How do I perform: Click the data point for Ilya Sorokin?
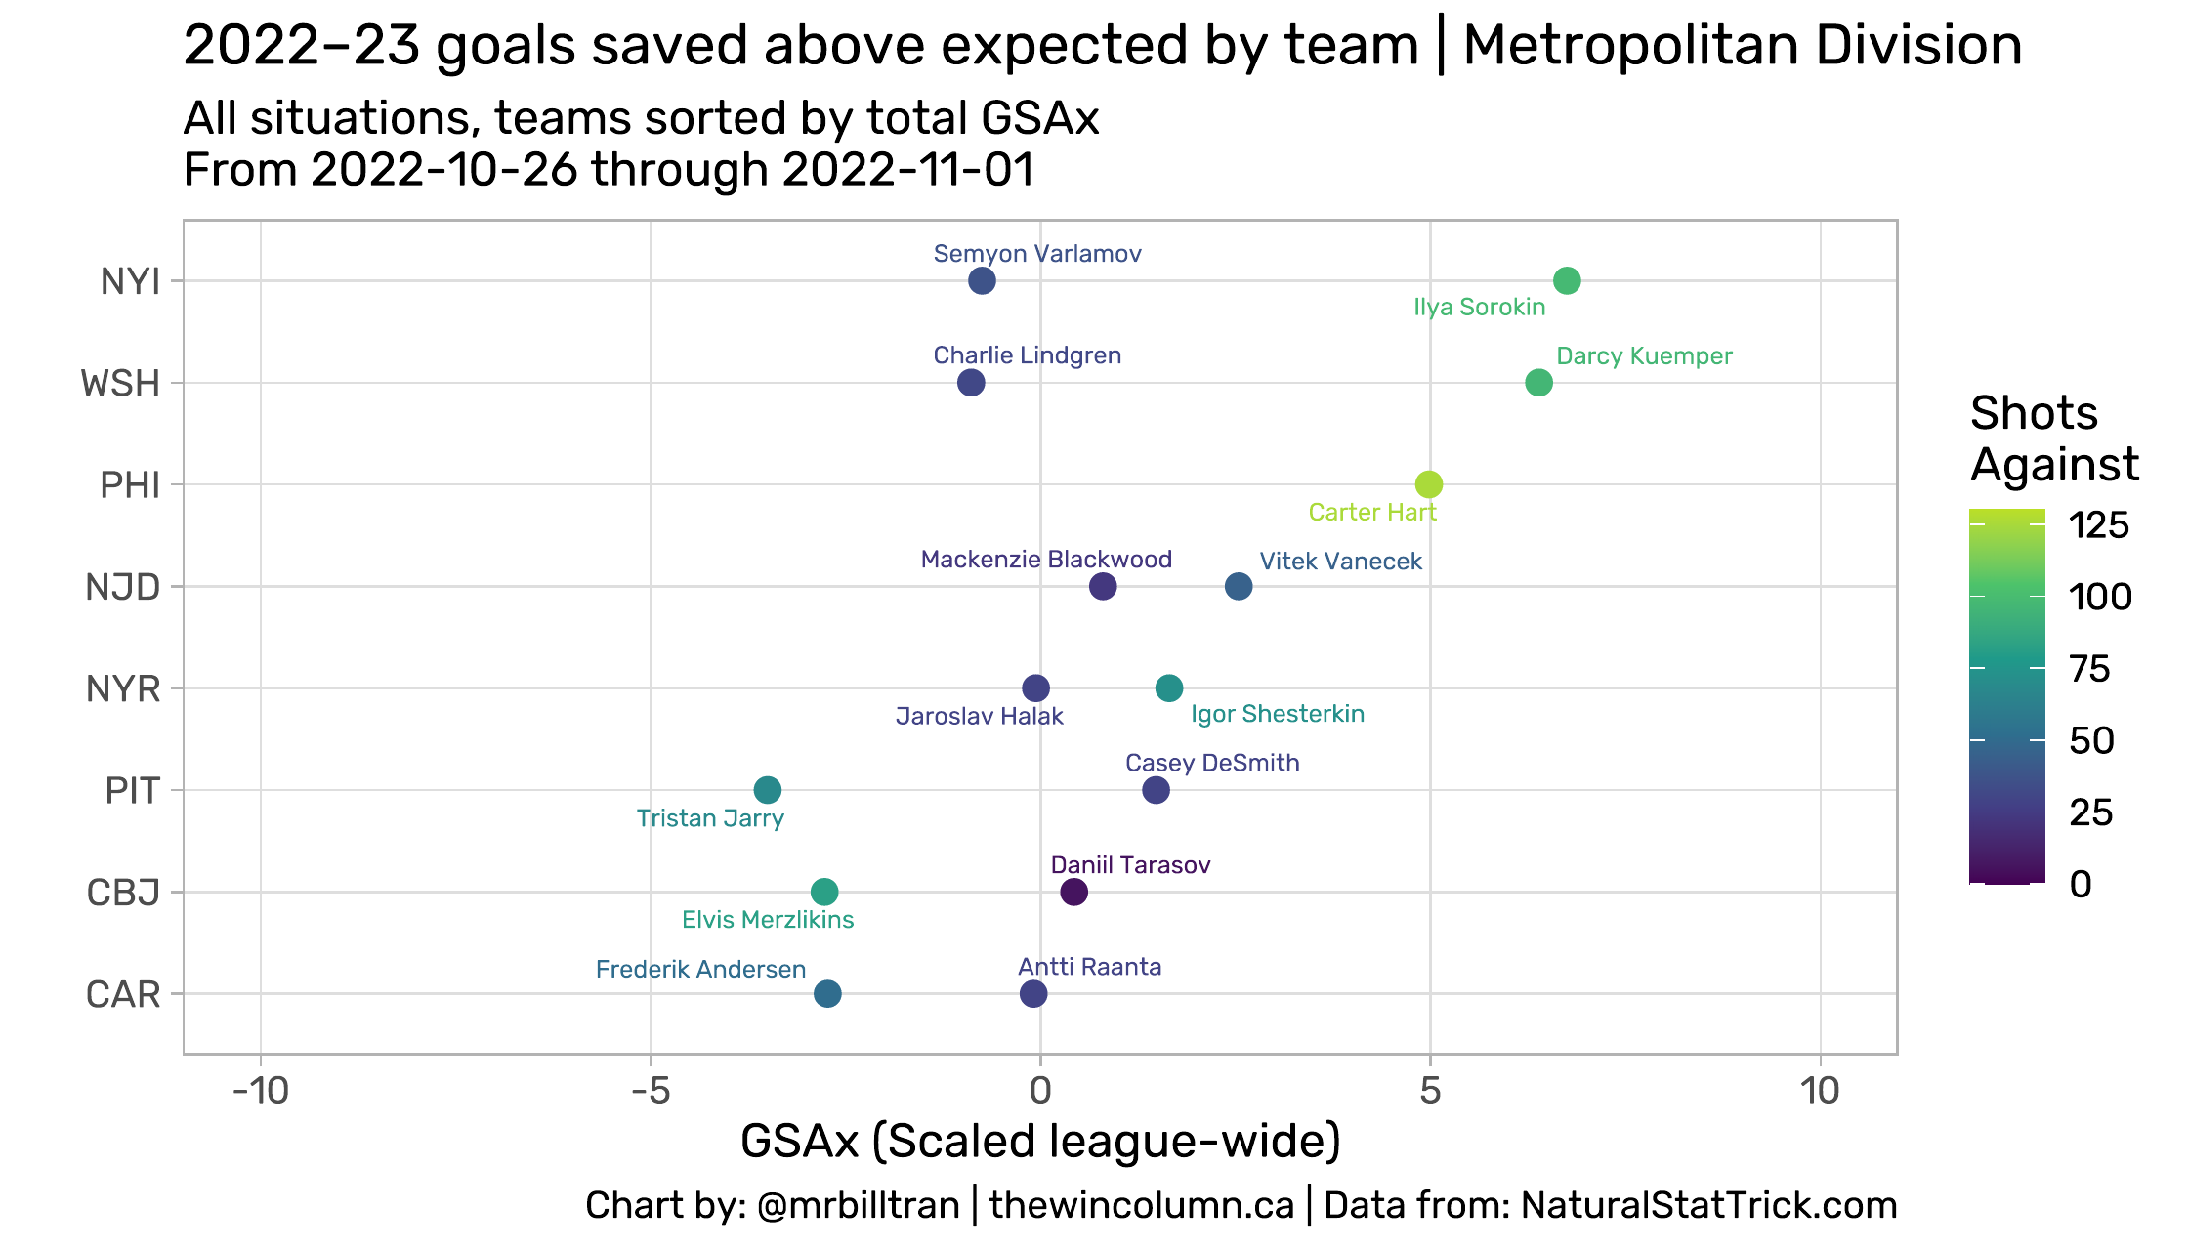pos(1566,281)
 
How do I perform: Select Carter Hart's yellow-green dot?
pos(1428,484)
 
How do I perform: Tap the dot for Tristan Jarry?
pos(768,789)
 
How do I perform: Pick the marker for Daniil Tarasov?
pos(1073,892)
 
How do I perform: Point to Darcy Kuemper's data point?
pos(1538,383)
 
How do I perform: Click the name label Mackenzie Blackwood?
pos(1046,560)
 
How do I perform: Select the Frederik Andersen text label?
pos(700,970)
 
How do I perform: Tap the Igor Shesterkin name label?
pos(1278,714)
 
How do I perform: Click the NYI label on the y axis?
pos(130,282)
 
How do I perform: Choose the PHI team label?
pos(130,485)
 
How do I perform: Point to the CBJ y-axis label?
pos(123,893)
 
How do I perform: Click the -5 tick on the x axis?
pos(650,1091)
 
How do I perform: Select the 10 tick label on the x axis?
pos(1819,1091)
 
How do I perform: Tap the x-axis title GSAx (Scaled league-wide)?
pos(1040,1142)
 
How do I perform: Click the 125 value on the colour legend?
pos(2099,525)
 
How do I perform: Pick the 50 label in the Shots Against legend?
pos(2091,741)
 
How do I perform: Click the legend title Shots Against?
pos(2053,438)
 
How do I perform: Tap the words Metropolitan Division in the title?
pos(1743,46)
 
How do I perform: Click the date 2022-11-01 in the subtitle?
pos(907,170)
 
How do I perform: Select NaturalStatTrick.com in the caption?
pos(1708,1205)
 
